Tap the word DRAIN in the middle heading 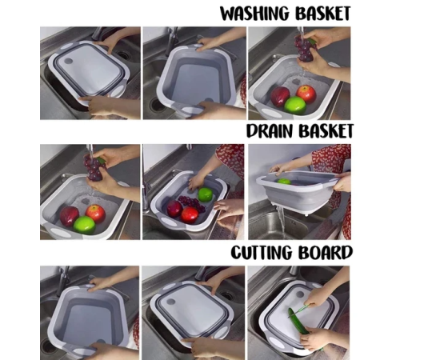click(x=269, y=131)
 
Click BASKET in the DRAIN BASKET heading click(x=326, y=131)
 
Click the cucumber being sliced click(x=298, y=321)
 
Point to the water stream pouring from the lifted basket click(x=282, y=222)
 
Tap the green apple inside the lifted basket click(x=284, y=182)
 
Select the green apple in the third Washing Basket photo click(x=295, y=106)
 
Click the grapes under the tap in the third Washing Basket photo click(x=305, y=48)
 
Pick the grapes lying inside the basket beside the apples click(x=192, y=203)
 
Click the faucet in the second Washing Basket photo click(x=171, y=42)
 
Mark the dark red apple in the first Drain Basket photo click(x=69, y=216)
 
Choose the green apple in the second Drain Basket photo click(x=206, y=194)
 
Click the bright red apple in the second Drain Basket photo click(x=190, y=215)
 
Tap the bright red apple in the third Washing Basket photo click(x=306, y=94)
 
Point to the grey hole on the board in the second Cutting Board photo click(x=170, y=302)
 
